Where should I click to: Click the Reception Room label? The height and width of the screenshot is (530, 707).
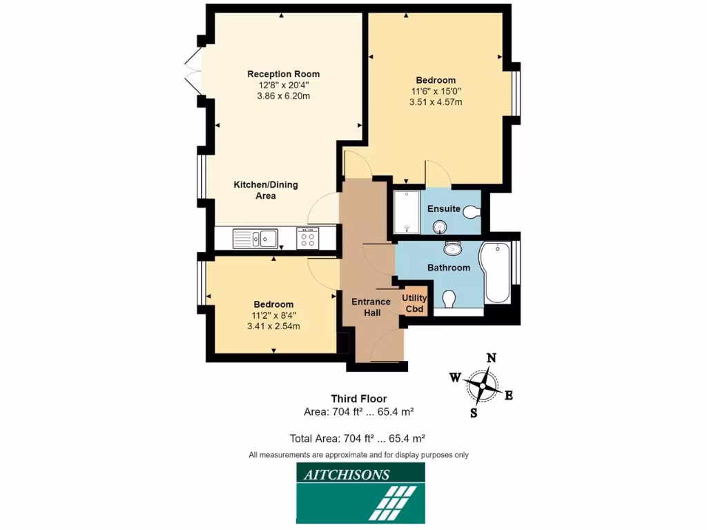pos(283,74)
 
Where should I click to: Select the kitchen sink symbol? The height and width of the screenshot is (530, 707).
pos(256,239)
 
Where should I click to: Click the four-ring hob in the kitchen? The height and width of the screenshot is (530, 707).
pos(307,239)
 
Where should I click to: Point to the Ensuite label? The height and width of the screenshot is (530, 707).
pos(443,208)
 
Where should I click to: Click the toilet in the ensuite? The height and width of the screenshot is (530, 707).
pos(472,212)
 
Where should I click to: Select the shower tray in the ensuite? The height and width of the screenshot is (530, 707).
pos(406,213)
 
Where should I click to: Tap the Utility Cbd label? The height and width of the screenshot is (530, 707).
pos(414,303)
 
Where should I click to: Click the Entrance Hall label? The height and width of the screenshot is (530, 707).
pos(371,306)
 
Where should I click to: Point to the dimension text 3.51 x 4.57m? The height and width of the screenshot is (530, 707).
pos(435,101)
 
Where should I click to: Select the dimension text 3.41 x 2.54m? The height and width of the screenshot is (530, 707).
pos(273,326)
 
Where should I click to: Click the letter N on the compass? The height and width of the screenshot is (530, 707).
pos(492,357)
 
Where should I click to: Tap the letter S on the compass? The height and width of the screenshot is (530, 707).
pos(474,413)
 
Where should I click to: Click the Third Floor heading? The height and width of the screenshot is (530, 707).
pos(358,398)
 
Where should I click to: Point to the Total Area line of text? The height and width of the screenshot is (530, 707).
pos(357,438)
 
